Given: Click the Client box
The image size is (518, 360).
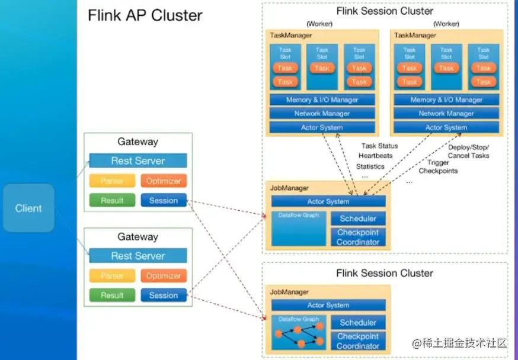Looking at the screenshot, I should pos(28,208).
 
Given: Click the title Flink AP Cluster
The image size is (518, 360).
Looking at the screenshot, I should pos(145,15).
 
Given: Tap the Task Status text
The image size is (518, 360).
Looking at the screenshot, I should pos(379,146).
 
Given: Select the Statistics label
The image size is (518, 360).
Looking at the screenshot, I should pos(370,166).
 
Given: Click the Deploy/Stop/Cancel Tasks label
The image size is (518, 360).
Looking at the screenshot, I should pos(468,151).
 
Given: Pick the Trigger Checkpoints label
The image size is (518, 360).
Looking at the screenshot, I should pos(439,166).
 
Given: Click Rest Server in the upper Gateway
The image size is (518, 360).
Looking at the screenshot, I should pos(138,160).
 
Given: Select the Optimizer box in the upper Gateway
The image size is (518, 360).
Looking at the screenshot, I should pos(164,181).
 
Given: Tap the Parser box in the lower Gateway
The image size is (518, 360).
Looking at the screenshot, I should pos(112,275).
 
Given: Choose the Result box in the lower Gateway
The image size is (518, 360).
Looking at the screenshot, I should pos(112,295).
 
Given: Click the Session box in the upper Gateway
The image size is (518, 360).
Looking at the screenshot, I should pos(164,200).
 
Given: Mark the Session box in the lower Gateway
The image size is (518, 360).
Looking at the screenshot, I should pos(164,295).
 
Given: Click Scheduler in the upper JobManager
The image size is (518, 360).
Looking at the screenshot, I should pos(358,218).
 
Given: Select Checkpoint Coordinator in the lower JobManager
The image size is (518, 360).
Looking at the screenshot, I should pos(358,341).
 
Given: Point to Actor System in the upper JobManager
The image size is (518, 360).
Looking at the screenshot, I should pos(328,201).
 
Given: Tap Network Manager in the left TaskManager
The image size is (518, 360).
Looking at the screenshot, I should pos(322,113).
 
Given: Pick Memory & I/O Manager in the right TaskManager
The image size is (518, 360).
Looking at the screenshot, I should pos(446,99).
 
